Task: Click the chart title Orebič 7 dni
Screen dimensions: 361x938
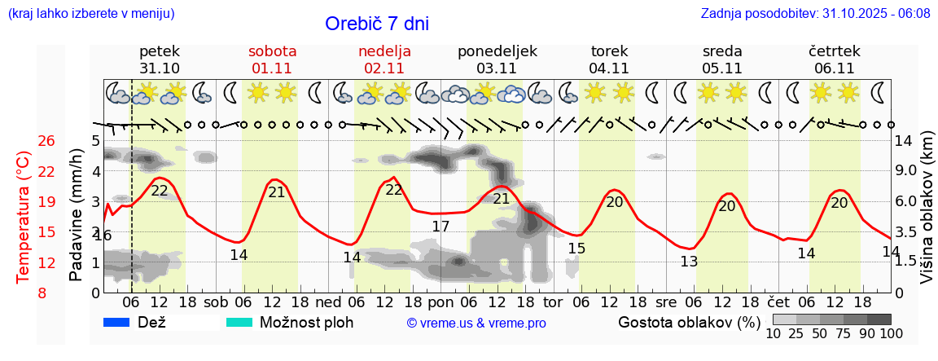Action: click(x=376, y=24)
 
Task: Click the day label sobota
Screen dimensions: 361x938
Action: click(x=272, y=51)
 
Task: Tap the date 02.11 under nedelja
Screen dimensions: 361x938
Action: click(x=384, y=68)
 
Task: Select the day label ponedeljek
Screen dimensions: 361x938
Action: click(x=497, y=51)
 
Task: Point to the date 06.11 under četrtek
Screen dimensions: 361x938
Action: click(x=834, y=68)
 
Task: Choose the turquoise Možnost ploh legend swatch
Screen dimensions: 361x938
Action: click(x=239, y=322)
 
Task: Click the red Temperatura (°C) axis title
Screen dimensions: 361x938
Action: click(x=23, y=218)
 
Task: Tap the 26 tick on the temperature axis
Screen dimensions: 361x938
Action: click(x=46, y=141)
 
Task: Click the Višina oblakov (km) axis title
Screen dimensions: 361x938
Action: click(x=927, y=218)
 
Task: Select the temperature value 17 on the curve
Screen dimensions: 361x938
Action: click(x=441, y=227)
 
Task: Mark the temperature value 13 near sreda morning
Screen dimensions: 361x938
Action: click(x=689, y=262)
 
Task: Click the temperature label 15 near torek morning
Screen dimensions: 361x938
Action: click(x=576, y=248)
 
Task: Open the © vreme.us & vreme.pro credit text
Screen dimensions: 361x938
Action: click(x=476, y=324)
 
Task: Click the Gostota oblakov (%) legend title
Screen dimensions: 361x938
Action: click(x=689, y=322)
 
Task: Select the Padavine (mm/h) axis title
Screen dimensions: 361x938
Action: click(x=77, y=215)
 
